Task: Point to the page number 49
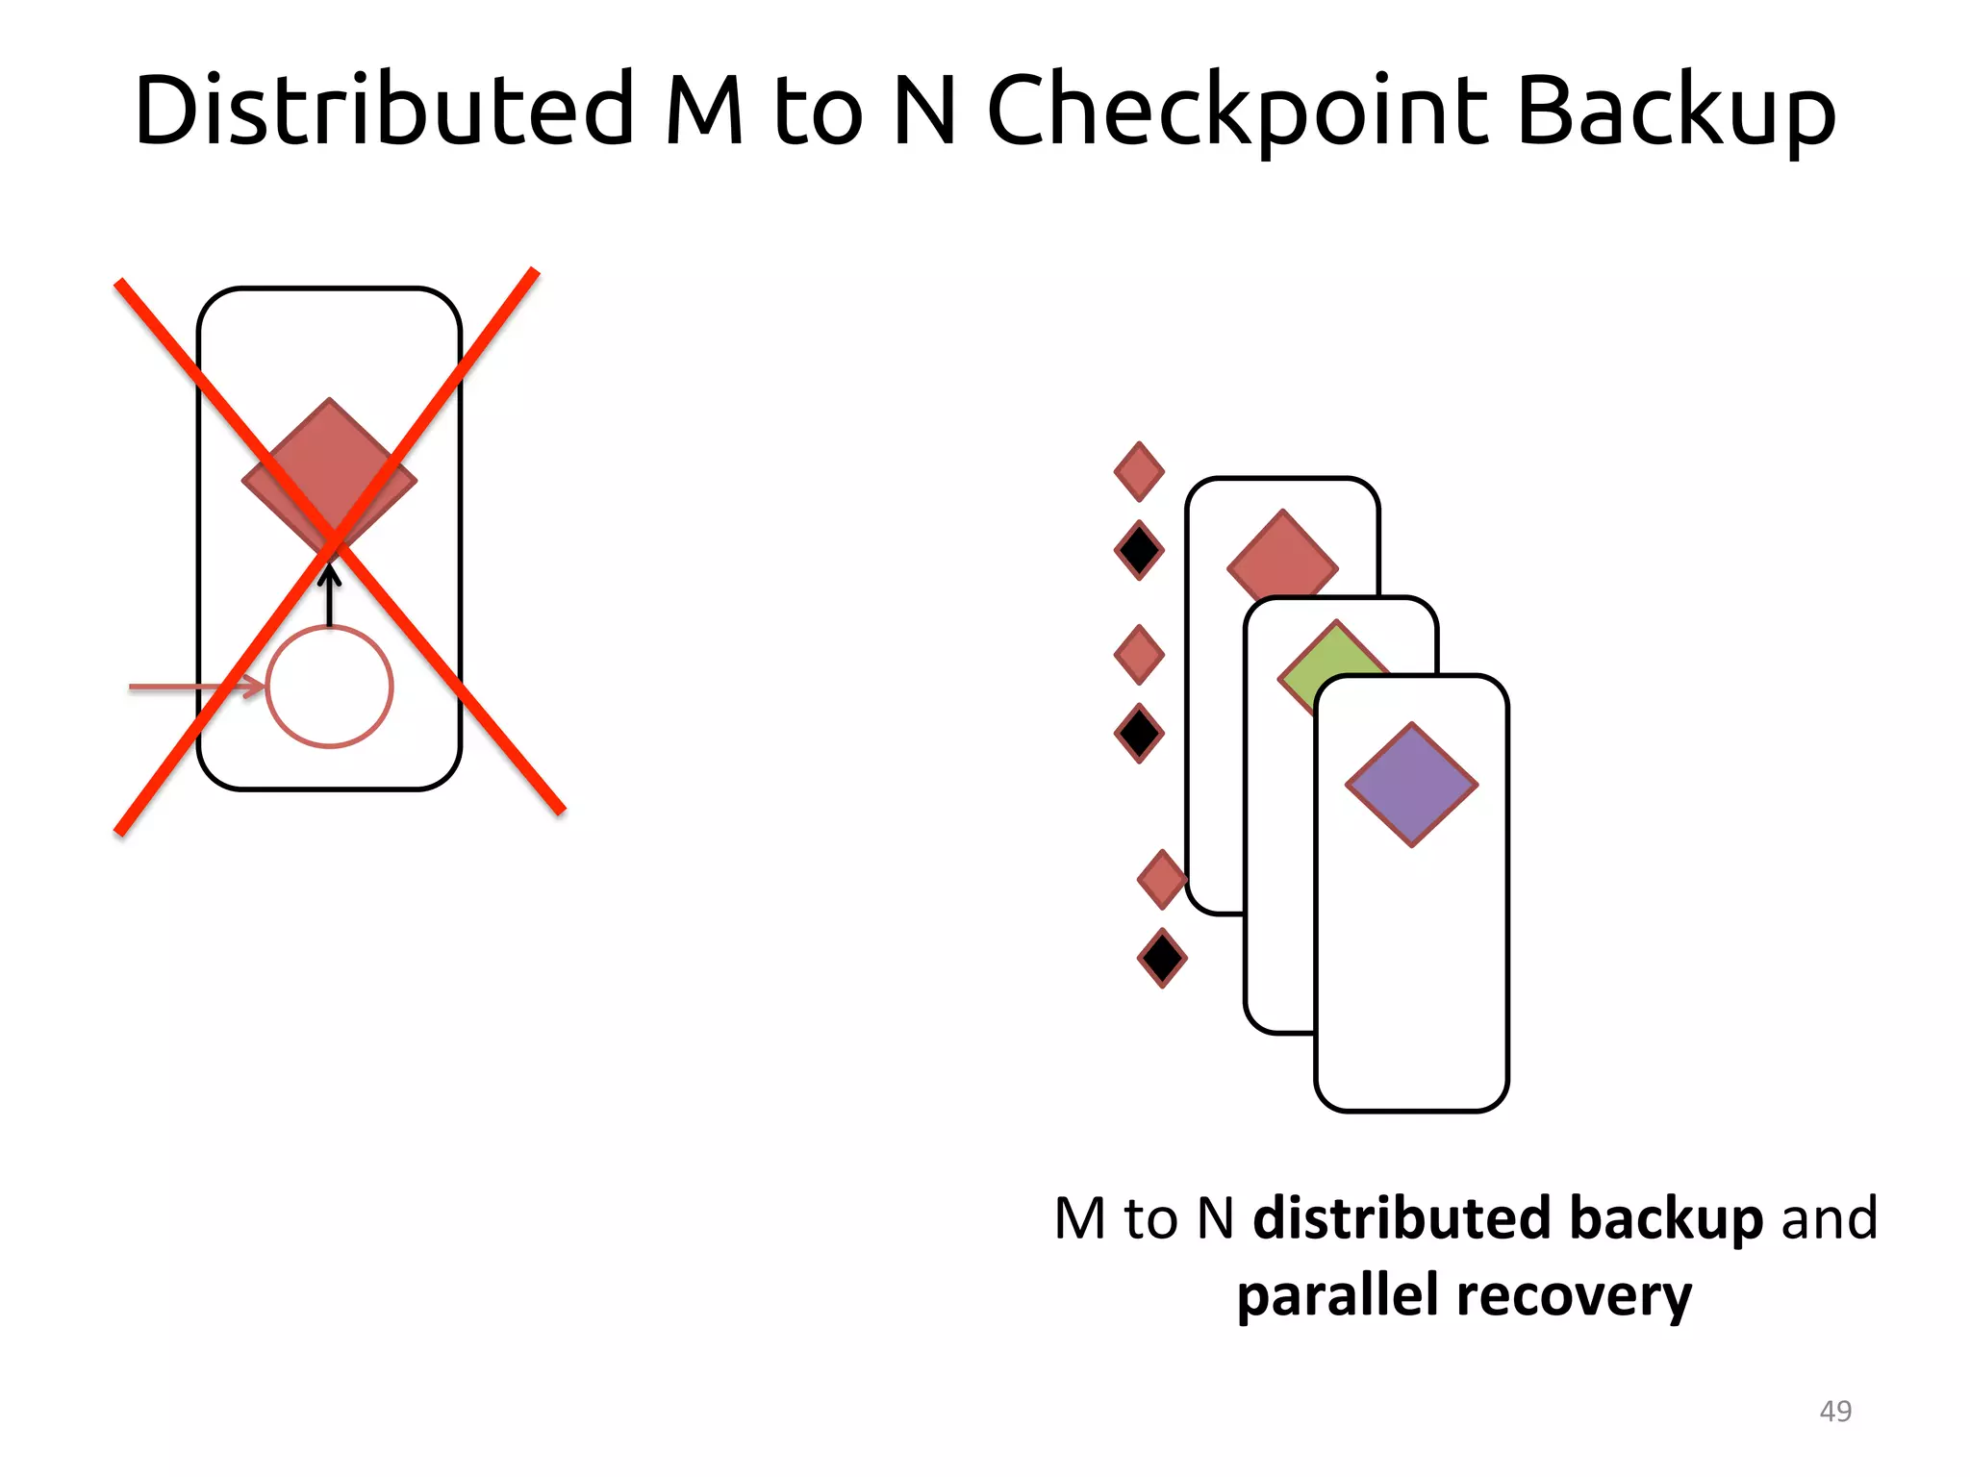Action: (1835, 1411)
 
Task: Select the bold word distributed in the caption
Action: (1402, 1218)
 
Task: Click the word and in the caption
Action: (1829, 1218)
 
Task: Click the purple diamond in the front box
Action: (1411, 785)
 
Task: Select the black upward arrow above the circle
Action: (330, 596)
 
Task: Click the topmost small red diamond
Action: (1139, 471)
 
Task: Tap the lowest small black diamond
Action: (1162, 958)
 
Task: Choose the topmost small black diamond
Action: (1139, 551)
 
